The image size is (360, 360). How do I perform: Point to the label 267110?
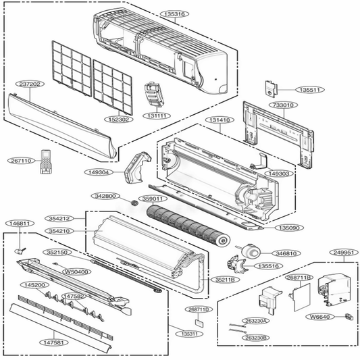(20, 161)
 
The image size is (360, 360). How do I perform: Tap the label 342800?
(106, 196)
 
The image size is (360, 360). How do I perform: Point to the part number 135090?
(291, 228)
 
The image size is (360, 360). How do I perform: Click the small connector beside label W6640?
(348, 316)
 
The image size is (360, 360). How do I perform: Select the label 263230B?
(256, 337)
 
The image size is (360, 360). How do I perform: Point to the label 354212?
(61, 219)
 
